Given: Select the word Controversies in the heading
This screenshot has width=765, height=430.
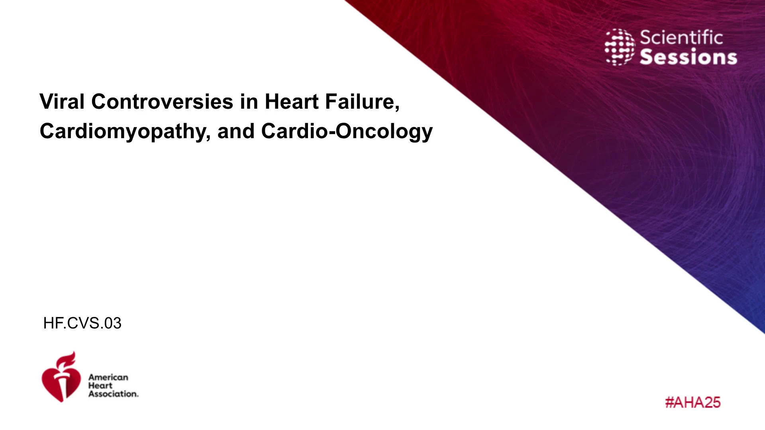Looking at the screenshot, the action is pos(162,102).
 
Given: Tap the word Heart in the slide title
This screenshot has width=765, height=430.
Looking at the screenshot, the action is pos(292,102).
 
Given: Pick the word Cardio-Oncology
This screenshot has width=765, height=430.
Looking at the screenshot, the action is pos(347,132).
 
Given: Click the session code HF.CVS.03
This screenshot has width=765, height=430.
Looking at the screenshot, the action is pos(82,323).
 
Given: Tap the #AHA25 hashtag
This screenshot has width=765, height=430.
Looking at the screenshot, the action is pos(693,403).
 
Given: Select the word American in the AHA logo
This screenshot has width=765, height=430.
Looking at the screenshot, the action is pos(108,377).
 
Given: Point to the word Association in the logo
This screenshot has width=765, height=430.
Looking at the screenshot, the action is pos(114,394).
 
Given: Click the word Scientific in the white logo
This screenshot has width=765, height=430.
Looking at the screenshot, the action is pos(681,38).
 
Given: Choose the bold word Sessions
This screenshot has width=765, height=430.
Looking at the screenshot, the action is pos(688,57).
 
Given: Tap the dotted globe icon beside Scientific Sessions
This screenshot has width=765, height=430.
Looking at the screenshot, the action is pos(620,47).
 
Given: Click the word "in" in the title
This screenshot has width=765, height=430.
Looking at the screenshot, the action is pos(249,102).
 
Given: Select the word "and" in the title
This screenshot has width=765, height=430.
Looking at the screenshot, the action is pos(236,131).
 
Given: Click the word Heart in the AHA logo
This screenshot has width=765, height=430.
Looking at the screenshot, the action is pos(100,385).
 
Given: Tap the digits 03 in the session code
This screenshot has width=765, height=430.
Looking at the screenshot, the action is pos(113,323).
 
